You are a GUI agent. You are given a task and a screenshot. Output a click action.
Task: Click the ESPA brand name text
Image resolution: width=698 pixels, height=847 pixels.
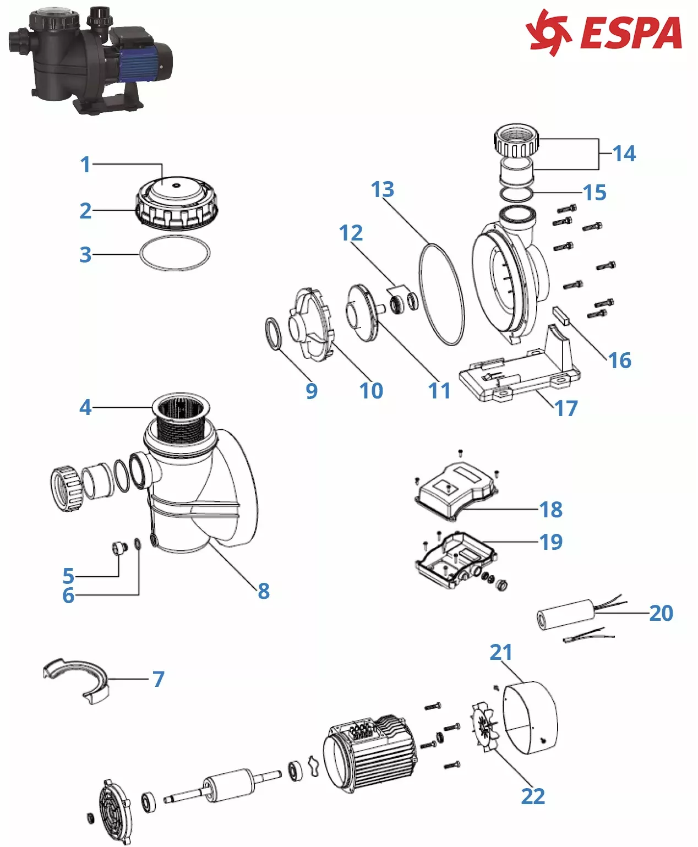(631, 33)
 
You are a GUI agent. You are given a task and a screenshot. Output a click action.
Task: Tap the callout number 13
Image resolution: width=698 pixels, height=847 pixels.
(383, 189)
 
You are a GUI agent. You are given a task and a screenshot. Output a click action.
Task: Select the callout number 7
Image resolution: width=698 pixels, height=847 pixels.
(159, 679)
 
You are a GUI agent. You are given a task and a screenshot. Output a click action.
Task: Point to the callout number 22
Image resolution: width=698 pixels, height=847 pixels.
(533, 796)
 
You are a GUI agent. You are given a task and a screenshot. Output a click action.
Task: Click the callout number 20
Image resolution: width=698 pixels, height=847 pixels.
(661, 613)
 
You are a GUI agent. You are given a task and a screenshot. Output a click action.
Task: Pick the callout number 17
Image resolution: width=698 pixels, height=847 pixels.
(566, 408)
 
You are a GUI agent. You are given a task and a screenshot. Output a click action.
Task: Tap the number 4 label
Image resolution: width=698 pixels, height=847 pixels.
(85, 407)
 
